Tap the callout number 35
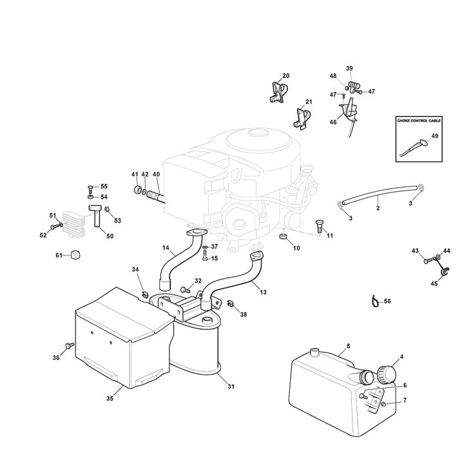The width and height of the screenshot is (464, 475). [x=110, y=399]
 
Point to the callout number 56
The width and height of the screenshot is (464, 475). [x=387, y=301]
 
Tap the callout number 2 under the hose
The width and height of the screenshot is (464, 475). [x=378, y=208]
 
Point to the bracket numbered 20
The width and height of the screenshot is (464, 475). [x=277, y=92]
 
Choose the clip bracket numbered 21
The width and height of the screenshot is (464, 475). [x=302, y=116]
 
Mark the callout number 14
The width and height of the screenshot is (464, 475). [x=166, y=248]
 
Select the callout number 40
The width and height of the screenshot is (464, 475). [x=157, y=175]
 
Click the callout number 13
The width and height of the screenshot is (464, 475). [x=263, y=292]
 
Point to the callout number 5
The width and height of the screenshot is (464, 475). [x=348, y=347]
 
